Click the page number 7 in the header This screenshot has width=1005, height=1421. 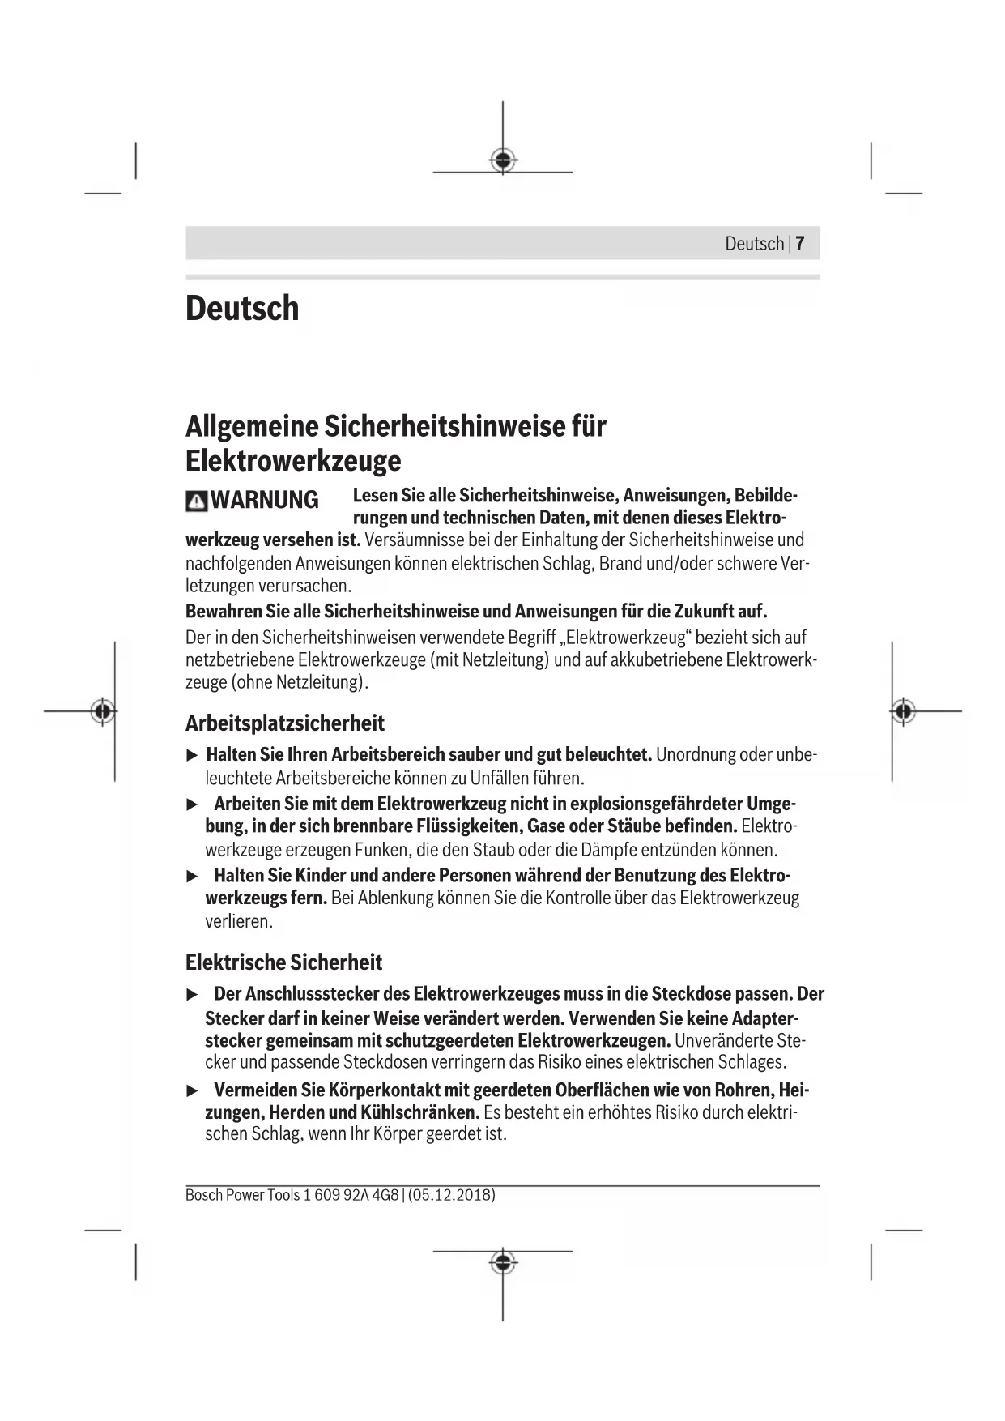click(x=799, y=244)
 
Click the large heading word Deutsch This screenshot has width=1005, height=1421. click(x=242, y=309)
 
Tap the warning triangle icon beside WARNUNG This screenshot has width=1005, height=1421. click(x=195, y=501)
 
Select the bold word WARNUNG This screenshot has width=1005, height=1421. click(x=265, y=500)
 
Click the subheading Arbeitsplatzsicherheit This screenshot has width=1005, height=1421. click(x=284, y=723)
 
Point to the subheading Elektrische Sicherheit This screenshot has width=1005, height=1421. click(x=283, y=962)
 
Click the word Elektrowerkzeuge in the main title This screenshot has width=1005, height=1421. click(x=293, y=461)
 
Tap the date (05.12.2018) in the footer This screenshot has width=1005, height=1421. click(x=452, y=1195)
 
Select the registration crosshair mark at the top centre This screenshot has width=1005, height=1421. click(x=503, y=160)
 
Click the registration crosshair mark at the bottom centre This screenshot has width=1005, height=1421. click(x=503, y=1262)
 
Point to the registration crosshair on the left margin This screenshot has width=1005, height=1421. click(x=102, y=711)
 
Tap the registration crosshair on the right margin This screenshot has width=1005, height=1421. click(x=905, y=711)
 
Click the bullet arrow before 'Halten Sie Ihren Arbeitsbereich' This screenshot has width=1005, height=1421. click(x=192, y=756)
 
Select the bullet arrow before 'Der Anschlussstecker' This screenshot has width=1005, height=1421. click(x=192, y=994)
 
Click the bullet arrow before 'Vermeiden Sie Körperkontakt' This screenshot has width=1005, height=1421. click(x=192, y=1090)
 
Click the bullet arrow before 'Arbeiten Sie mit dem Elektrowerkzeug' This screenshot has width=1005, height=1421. click(x=192, y=804)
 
